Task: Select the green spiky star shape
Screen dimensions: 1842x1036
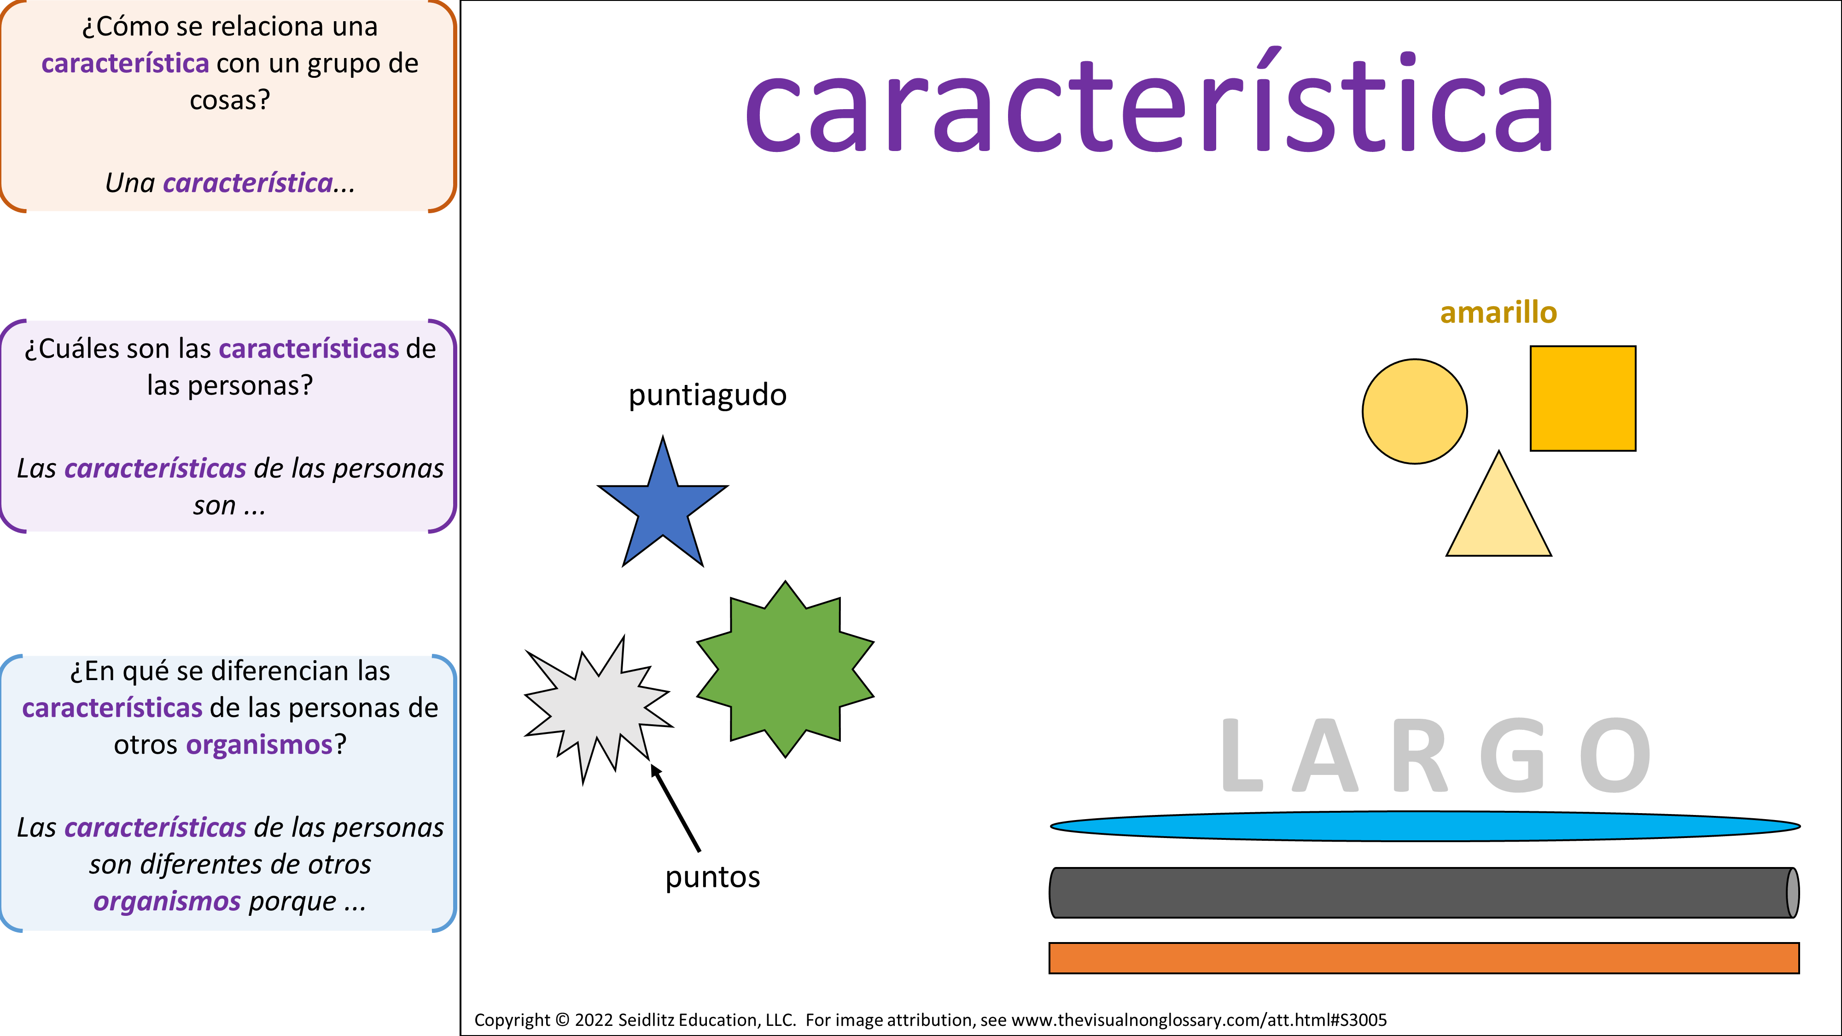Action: coord(785,669)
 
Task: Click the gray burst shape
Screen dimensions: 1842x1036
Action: coord(598,708)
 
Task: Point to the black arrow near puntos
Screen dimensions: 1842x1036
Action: coord(675,807)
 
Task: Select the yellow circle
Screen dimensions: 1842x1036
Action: coord(1414,411)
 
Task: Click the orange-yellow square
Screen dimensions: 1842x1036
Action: coord(1582,398)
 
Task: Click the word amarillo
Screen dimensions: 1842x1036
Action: coord(1498,313)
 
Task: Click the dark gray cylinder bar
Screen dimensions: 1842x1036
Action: coord(1424,892)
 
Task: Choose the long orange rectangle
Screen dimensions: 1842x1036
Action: coord(1424,958)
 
